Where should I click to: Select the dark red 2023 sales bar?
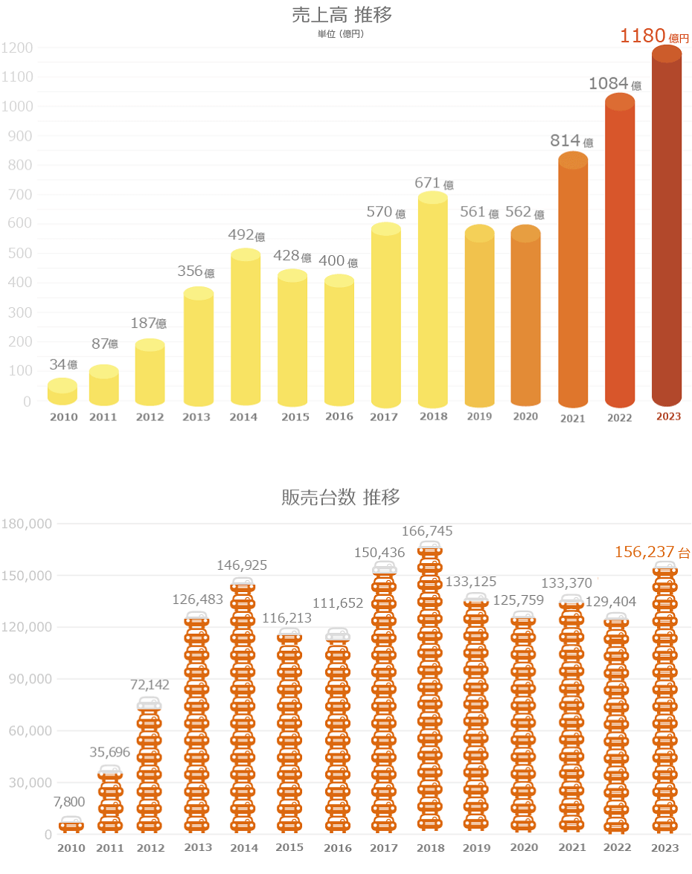667,231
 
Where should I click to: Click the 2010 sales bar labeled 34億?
63,392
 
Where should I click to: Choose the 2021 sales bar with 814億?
573,283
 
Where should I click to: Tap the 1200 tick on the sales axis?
17,48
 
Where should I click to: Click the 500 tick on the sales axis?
21,254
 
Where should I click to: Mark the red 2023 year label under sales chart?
668,417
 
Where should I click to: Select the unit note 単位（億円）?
342,33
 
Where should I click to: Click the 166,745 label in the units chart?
427,531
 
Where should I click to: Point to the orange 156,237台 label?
653,552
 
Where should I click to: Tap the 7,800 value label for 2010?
69,802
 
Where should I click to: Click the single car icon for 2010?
71,823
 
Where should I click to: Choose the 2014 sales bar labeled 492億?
246,327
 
